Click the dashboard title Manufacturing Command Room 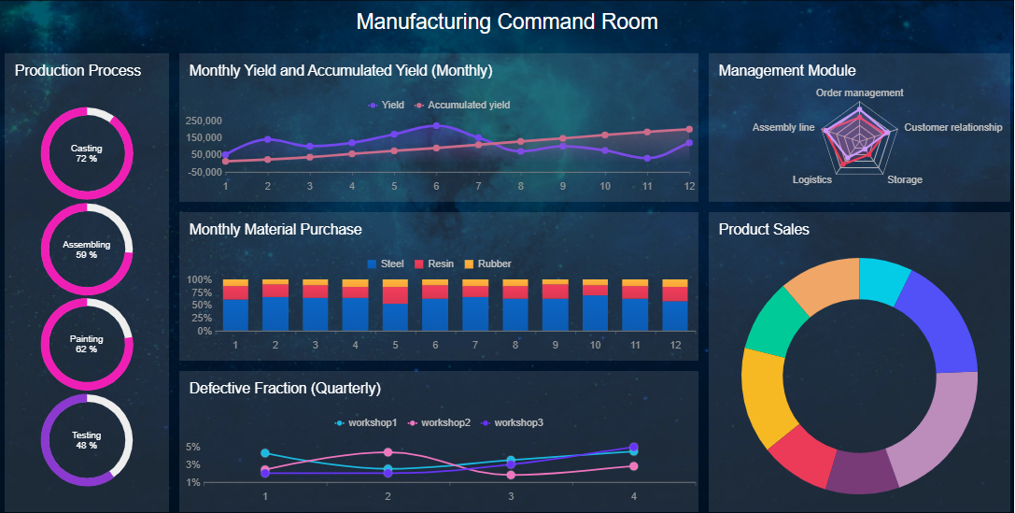pyautogui.click(x=507, y=21)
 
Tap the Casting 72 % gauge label pyautogui.click(x=87, y=153)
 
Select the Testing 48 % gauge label pyautogui.click(x=87, y=440)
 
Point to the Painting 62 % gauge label pyautogui.click(x=87, y=344)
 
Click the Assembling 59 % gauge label pyautogui.click(x=87, y=249)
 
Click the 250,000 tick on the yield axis pyautogui.click(x=203, y=121)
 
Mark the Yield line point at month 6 pyautogui.click(x=436, y=126)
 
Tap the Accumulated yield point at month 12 pyautogui.click(x=689, y=130)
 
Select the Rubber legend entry pyautogui.click(x=487, y=264)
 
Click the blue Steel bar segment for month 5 pyautogui.click(x=395, y=317)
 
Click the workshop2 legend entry pyautogui.click(x=438, y=423)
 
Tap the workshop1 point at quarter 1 pyautogui.click(x=265, y=453)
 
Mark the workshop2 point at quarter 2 pyautogui.click(x=388, y=452)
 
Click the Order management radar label pyautogui.click(x=859, y=93)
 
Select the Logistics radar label pyautogui.click(x=811, y=179)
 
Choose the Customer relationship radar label pyautogui.click(x=952, y=127)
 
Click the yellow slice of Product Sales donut pyautogui.click(x=760, y=392)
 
